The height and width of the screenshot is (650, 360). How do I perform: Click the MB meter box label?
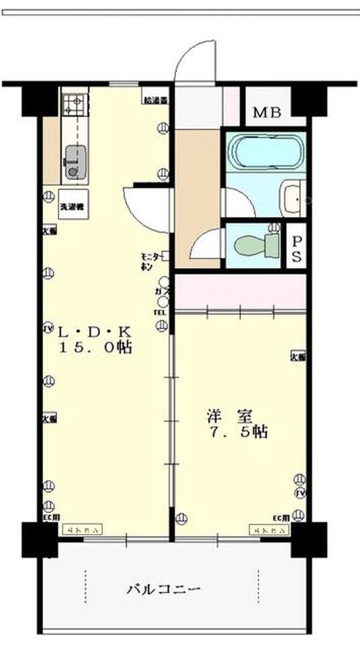271,112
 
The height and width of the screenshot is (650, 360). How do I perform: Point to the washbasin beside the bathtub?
294,197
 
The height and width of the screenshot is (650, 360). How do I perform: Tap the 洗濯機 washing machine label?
70,207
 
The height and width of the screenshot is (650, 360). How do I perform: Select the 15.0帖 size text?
95,348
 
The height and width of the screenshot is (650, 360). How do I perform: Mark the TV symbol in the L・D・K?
48,329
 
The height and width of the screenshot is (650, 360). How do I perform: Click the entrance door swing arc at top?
195,60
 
